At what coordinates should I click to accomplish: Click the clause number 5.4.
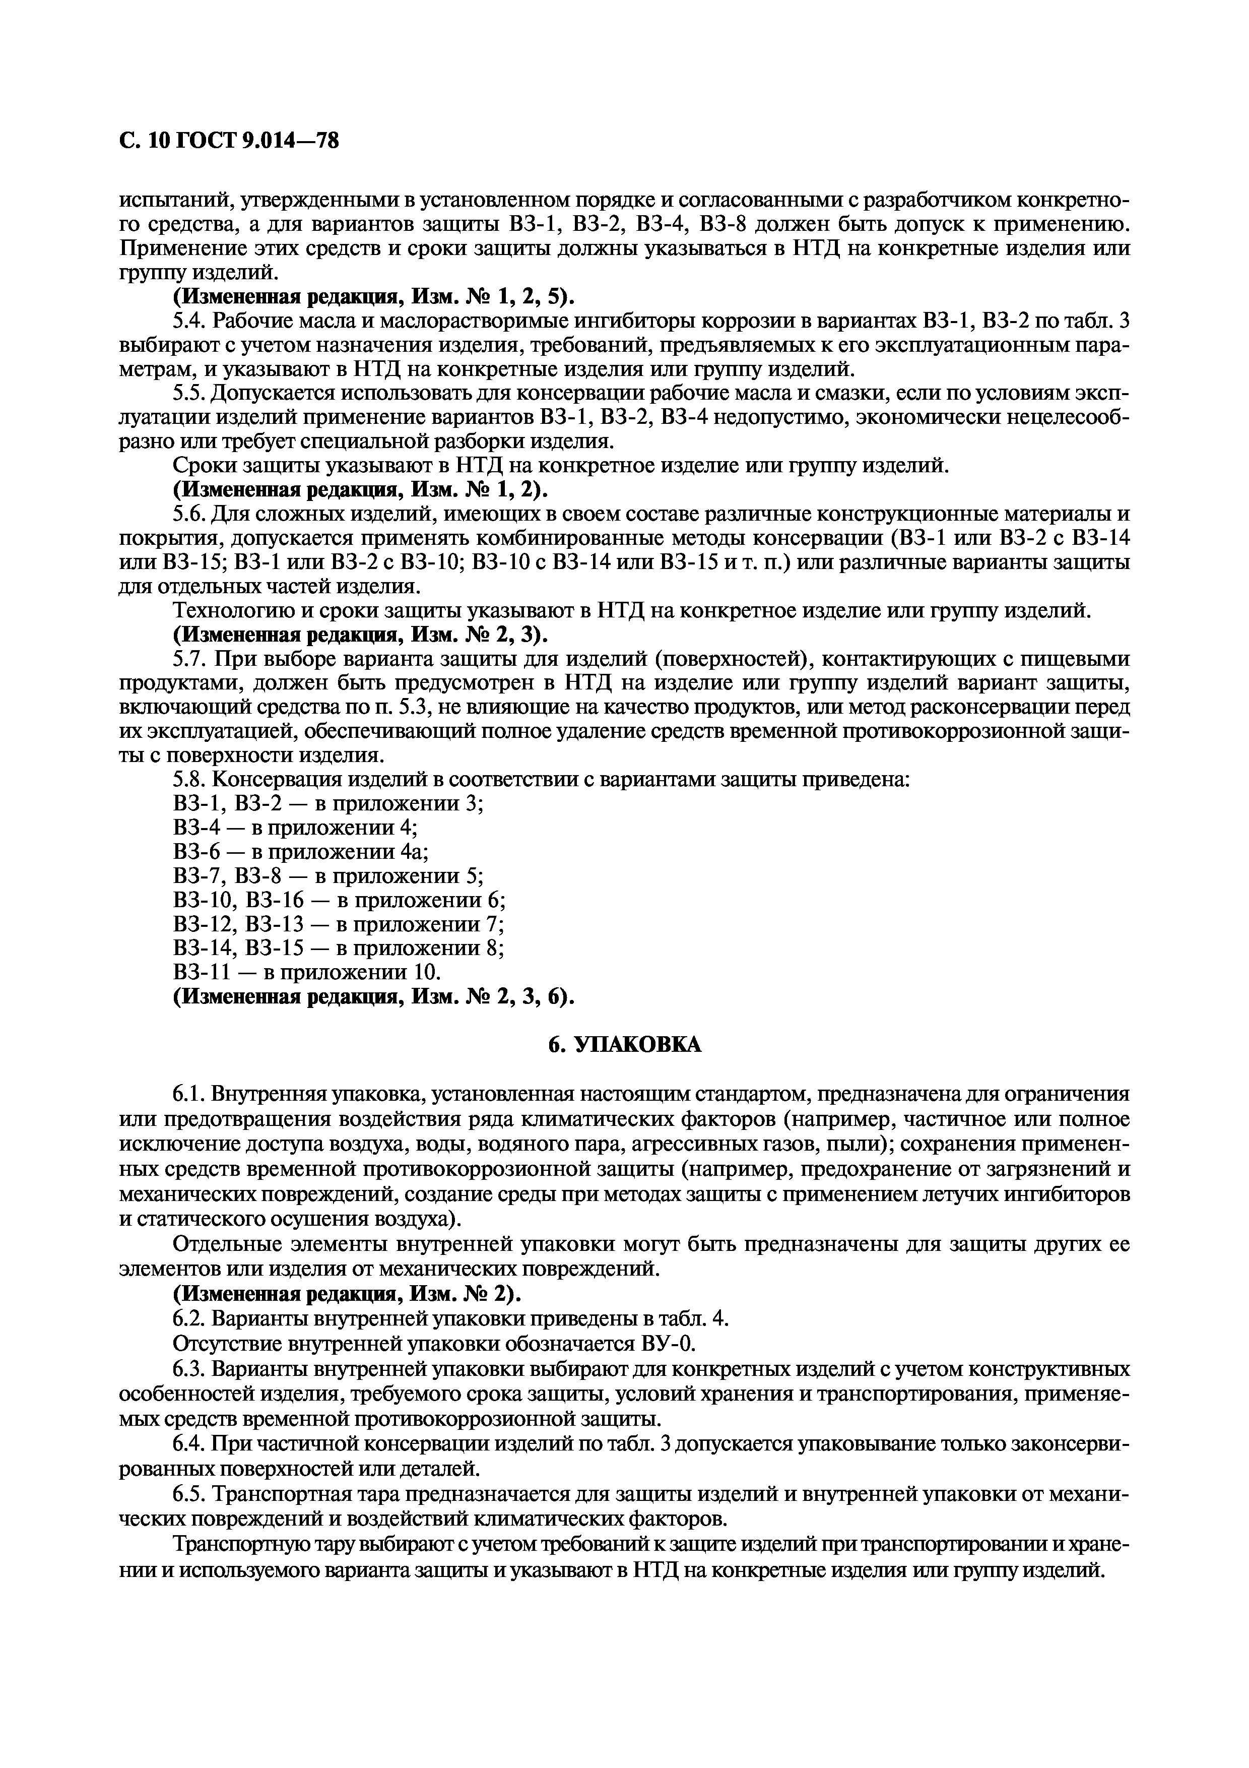click(189, 321)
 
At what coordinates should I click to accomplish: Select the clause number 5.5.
click(189, 394)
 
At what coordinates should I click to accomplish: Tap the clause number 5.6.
click(189, 515)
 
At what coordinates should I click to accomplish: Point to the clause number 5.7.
click(189, 659)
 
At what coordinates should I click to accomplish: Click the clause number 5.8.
click(189, 780)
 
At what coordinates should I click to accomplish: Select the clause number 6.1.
click(189, 1094)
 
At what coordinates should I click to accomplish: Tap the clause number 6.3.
click(189, 1370)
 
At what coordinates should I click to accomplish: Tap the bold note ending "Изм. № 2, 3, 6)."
click(374, 996)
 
